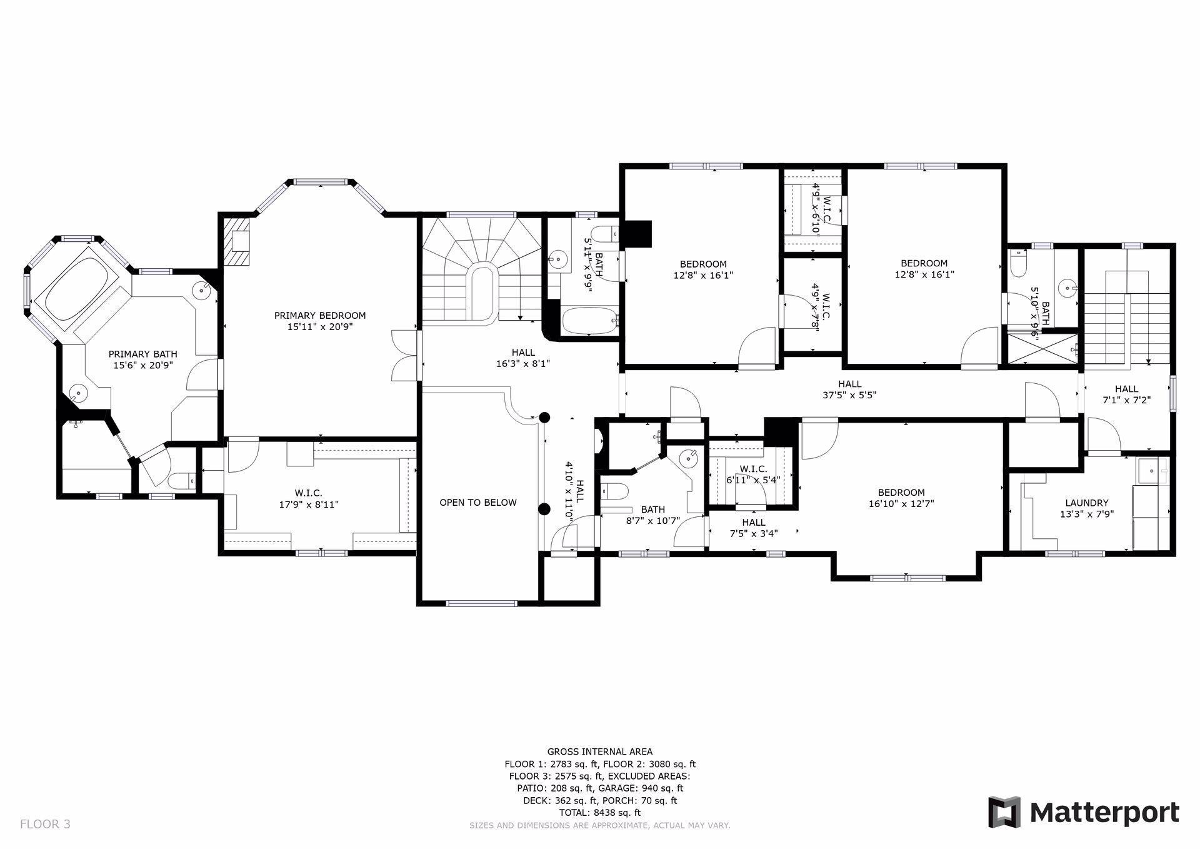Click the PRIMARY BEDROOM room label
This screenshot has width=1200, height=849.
(x=320, y=316)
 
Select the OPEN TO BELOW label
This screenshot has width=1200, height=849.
(x=478, y=503)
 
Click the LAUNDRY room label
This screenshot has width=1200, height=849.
(x=1087, y=503)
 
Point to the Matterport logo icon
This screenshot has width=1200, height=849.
(x=1004, y=812)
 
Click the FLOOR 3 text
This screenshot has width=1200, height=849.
(x=45, y=824)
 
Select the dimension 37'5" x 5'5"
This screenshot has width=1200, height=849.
(x=850, y=395)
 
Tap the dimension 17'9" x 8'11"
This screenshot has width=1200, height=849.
(x=309, y=505)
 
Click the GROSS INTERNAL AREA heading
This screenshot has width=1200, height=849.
(x=600, y=752)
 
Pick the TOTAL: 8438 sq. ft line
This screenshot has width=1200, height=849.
(x=600, y=813)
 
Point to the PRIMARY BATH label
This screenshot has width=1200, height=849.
(x=143, y=354)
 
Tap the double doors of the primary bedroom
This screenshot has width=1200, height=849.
(x=404, y=355)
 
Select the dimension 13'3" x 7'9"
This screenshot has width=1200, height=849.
(x=1087, y=515)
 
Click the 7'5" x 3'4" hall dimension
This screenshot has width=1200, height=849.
(x=754, y=534)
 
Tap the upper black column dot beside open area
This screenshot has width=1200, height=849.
(x=545, y=417)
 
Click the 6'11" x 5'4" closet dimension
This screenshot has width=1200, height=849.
(x=753, y=480)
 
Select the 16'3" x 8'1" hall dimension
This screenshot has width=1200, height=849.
(x=523, y=363)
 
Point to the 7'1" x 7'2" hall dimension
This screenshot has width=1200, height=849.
(x=1126, y=400)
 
